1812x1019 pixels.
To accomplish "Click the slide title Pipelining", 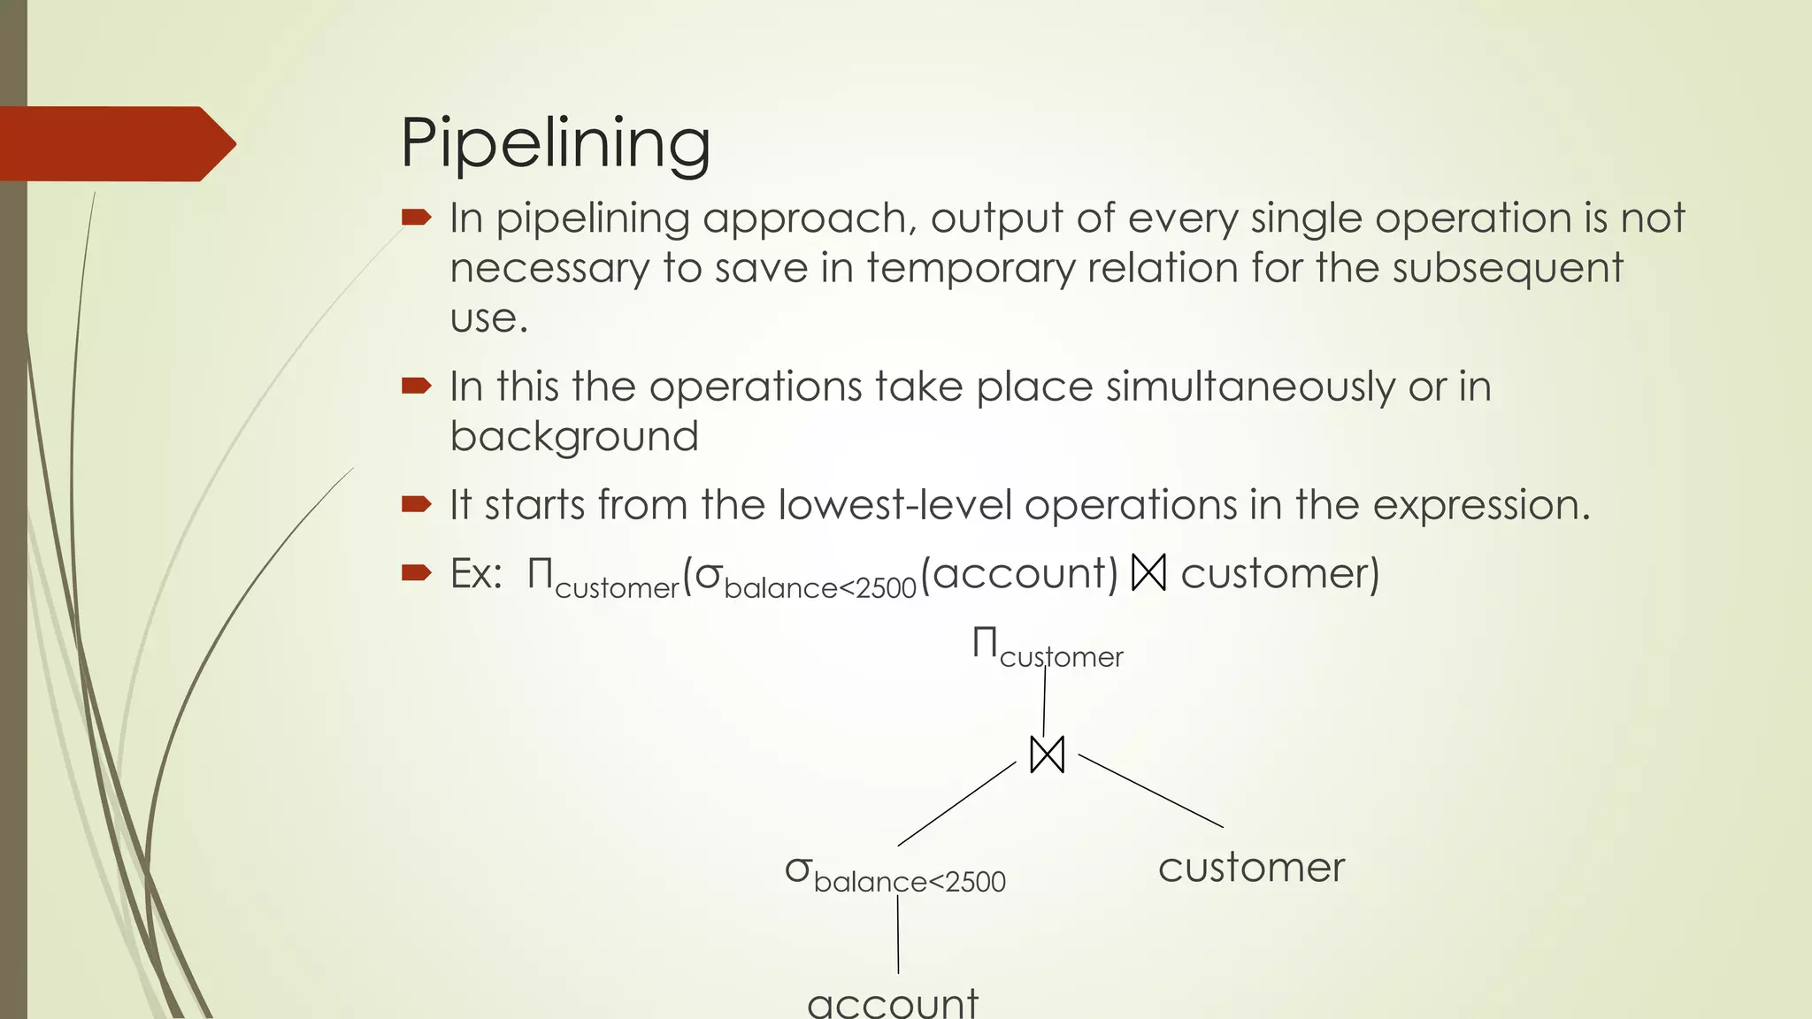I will pos(555,143).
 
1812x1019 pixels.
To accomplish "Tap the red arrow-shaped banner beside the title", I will pos(115,144).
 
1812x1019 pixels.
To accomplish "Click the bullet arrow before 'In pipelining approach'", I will pos(416,217).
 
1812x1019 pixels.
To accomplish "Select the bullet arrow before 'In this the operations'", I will pos(416,385).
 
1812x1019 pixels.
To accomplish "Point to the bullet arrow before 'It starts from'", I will pos(416,504).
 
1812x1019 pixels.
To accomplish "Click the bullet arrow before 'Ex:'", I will pos(416,573).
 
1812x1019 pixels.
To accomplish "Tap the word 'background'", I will pos(574,436).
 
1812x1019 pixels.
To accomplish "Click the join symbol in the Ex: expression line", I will pos(1149,573).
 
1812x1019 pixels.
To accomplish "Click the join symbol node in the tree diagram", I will pos(1048,755).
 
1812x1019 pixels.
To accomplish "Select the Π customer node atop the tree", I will pos(1048,647).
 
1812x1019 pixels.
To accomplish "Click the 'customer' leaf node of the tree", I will pos(1251,867).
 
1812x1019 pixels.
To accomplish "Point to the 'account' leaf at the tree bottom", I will pos(893,1003).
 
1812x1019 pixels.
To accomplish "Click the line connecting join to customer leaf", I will pos(1150,791).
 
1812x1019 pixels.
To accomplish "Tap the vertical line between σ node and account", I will pos(898,934).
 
